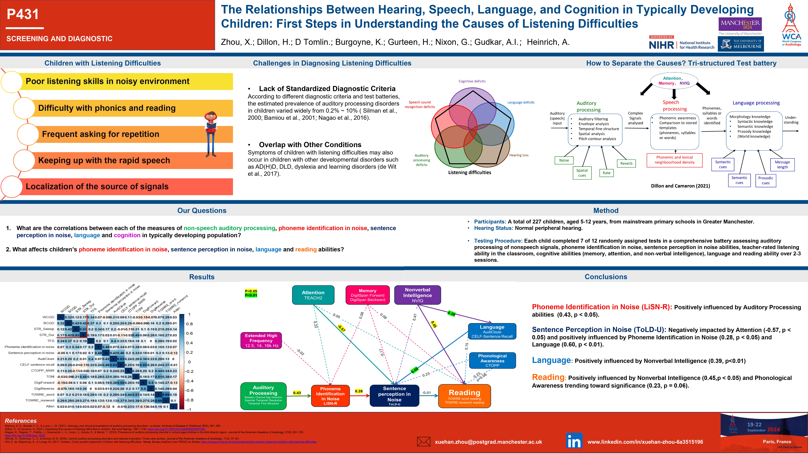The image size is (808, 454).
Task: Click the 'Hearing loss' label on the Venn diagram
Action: point(519,155)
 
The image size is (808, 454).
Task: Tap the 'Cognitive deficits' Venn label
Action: point(472,81)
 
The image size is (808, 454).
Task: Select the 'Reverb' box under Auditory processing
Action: point(626,163)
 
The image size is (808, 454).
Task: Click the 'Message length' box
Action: point(782,164)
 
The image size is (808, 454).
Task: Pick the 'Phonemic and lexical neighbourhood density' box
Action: point(674,160)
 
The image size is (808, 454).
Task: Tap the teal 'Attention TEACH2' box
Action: point(313,295)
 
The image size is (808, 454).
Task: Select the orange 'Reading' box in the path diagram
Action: point(464,396)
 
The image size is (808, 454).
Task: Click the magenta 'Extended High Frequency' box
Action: point(261,340)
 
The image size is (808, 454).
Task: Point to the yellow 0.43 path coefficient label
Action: point(297,393)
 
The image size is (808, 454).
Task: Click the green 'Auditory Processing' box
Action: point(263,396)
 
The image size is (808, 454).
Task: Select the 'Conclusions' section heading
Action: point(606,277)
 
